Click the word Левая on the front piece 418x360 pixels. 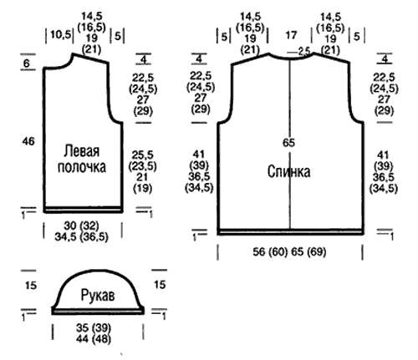coord(81,151)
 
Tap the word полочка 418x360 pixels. coord(82,167)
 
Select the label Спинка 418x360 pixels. coord(288,171)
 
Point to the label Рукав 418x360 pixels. coord(98,296)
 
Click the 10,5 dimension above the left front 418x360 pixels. coord(61,35)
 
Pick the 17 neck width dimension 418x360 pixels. coord(291,35)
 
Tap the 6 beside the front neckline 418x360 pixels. coord(27,63)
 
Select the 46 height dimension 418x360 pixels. coord(28,141)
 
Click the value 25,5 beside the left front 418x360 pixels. coord(142,155)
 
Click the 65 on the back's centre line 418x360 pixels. coord(288,143)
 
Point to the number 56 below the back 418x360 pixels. coord(259,252)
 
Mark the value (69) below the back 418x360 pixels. coord(316,252)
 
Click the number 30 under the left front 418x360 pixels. coord(70,226)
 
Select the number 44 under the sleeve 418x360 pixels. coord(82,339)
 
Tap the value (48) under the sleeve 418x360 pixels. coord(101,339)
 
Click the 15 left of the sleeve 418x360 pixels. coord(31,286)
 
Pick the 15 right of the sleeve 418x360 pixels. coord(160,285)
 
